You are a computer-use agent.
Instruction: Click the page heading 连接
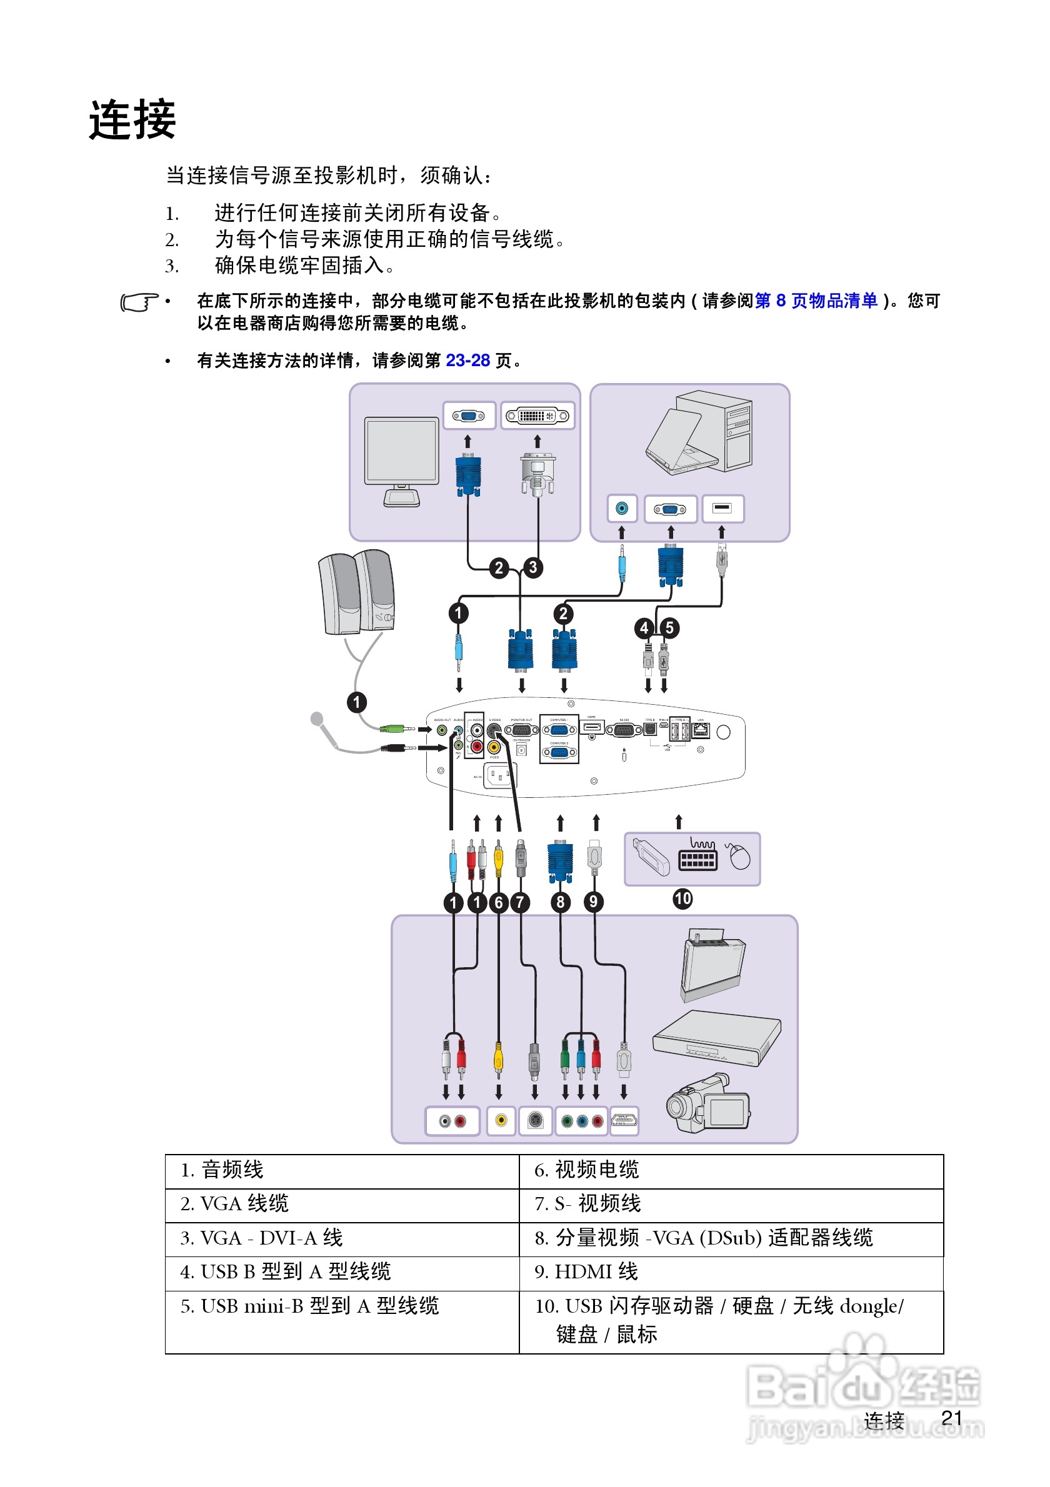(x=132, y=120)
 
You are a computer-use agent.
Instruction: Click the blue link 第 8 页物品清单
(x=816, y=301)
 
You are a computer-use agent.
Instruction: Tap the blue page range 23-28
(x=467, y=360)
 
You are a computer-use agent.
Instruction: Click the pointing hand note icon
(x=139, y=302)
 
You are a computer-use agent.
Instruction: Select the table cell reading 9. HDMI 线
(x=731, y=1271)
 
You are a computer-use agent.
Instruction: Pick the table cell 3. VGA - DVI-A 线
(x=341, y=1238)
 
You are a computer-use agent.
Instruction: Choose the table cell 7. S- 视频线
(x=731, y=1203)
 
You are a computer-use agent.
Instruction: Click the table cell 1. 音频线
(x=341, y=1170)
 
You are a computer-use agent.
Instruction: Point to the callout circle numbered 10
(x=682, y=898)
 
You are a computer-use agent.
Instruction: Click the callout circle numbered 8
(x=560, y=902)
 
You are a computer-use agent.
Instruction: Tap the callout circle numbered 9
(x=593, y=902)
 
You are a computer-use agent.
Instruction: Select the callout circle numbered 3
(x=532, y=567)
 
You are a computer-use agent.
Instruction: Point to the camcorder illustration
(x=708, y=1103)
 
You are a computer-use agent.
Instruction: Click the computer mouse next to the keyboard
(x=738, y=856)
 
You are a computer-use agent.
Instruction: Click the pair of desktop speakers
(x=356, y=592)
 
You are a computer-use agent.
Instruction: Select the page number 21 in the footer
(x=951, y=1418)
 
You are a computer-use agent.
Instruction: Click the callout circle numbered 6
(x=498, y=902)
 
